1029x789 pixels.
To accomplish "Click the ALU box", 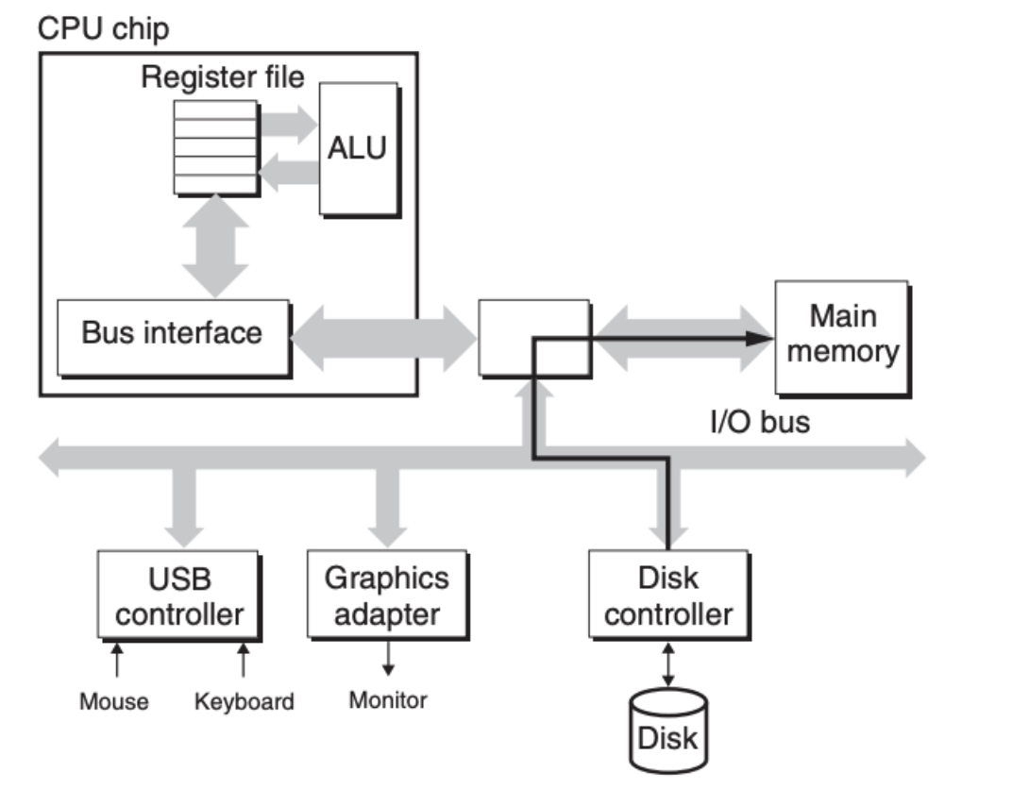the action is click(x=360, y=149).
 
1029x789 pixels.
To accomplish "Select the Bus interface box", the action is click(x=174, y=339).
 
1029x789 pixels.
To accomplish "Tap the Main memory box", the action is click(x=843, y=339).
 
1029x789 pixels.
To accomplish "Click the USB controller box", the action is click(x=179, y=596).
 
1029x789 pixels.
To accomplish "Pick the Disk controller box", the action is click(x=669, y=595).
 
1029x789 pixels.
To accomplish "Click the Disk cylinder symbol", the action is click(x=668, y=730).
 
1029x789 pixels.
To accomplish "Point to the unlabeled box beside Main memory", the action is click(x=535, y=339).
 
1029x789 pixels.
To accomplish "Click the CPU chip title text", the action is click(x=104, y=29).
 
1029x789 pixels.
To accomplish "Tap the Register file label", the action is click(x=223, y=77).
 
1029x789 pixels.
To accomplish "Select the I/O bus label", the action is click(x=760, y=422).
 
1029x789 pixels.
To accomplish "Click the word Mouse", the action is click(x=113, y=701).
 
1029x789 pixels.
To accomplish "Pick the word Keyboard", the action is click(x=245, y=702).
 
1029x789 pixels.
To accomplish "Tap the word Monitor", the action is click(x=388, y=699).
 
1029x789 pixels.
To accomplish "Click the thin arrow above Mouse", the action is click(x=117, y=660).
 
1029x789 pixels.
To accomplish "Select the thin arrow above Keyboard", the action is click(x=244, y=660).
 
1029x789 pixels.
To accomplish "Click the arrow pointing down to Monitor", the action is click(x=389, y=659).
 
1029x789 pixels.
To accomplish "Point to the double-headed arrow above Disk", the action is click(x=668, y=664).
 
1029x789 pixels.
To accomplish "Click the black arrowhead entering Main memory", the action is click(x=760, y=339).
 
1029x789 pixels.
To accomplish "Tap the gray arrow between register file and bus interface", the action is click(x=215, y=246).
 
